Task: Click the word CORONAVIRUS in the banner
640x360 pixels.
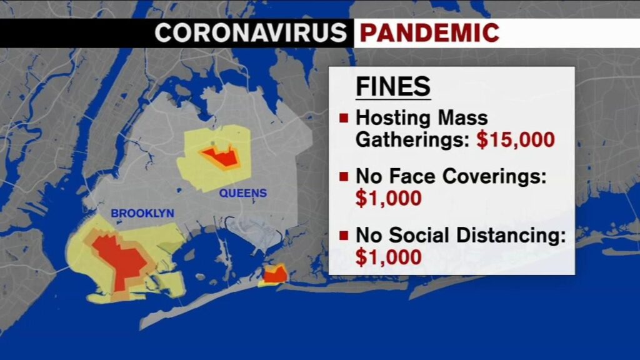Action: [x=250, y=32]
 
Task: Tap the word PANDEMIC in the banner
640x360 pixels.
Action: [x=429, y=32]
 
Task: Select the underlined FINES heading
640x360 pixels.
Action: [x=393, y=86]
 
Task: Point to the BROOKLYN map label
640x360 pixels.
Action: [x=142, y=214]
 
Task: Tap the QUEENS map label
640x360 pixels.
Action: [x=242, y=193]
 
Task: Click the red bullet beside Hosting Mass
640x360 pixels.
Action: [x=344, y=117]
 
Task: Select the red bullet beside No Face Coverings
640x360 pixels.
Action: [x=344, y=177]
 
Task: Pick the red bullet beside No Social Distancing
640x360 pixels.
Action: [x=344, y=236]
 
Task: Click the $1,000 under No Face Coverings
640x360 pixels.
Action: [x=388, y=198]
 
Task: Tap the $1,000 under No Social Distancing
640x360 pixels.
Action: [x=388, y=257]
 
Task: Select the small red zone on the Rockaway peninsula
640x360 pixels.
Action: [x=275, y=273]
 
